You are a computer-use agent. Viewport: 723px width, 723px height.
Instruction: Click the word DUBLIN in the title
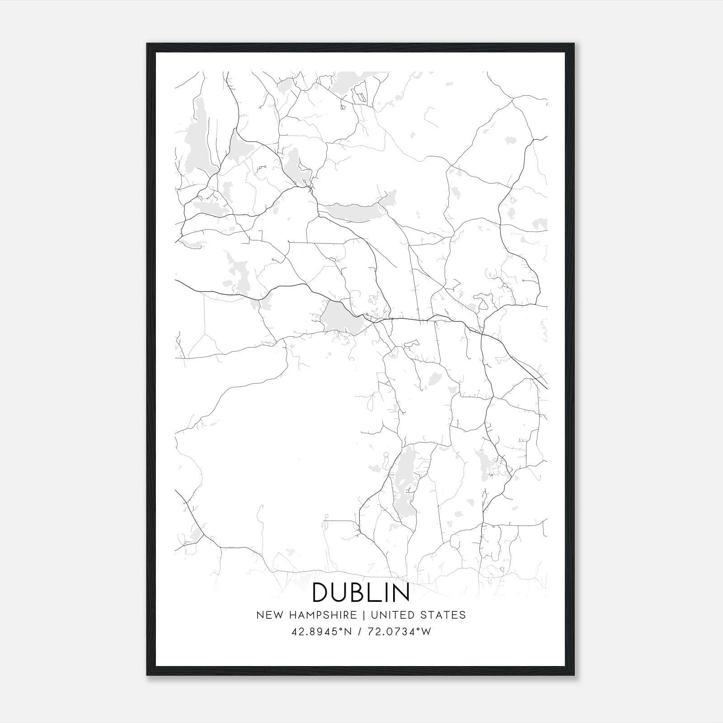coord(361,592)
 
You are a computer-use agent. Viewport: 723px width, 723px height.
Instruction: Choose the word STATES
coord(443,615)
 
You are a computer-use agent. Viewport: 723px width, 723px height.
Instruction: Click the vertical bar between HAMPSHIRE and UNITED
coord(365,615)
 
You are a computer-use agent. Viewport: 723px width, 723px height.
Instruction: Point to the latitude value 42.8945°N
coord(321,632)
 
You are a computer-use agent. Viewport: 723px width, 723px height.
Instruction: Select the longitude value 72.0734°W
coord(400,632)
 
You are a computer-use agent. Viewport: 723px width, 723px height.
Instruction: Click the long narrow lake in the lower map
coord(404,484)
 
